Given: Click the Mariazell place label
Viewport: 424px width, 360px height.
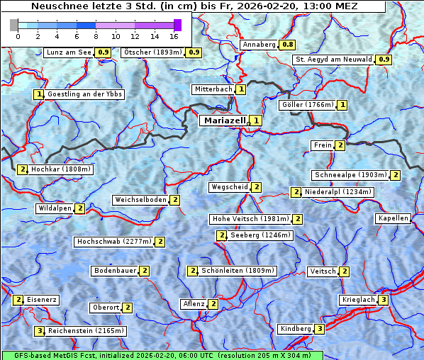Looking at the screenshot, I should click(x=224, y=120).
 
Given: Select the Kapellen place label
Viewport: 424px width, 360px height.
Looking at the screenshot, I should click(x=394, y=218).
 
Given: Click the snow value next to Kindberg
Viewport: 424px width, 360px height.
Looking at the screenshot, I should click(x=320, y=329).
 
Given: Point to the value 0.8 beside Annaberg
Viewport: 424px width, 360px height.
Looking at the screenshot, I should click(x=287, y=45).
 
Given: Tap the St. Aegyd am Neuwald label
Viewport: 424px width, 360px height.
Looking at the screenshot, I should click(x=334, y=60).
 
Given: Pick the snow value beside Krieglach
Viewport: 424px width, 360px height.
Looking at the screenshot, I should click(x=383, y=300).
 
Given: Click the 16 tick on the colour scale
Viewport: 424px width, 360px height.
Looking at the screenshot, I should click(x=174, y=35).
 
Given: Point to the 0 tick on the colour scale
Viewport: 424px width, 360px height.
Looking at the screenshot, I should click(x=18, y=35).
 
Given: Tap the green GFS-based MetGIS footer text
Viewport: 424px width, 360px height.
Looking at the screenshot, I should click(x=162, y=355).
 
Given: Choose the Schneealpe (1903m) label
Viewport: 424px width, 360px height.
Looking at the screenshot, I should click(x=350, y=175).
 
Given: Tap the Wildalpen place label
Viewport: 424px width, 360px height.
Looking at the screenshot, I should click(x=55, y=208).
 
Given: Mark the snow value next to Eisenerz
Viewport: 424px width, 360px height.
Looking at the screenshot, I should click(x=18, y=300).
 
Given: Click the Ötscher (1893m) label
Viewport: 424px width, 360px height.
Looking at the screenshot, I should click(x=152, y=52).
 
